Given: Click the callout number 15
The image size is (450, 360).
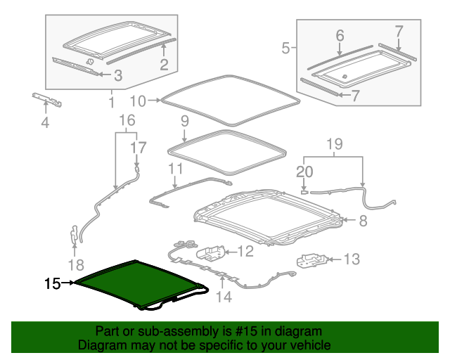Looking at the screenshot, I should [x=53, y=284].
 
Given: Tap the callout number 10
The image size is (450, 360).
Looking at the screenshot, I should [x=137, y=101].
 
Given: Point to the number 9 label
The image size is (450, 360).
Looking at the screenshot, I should [x=184, y=121].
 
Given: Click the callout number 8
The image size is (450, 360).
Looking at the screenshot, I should [x=363, y=221].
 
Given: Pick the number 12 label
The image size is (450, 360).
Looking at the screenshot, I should [x=245, y=251].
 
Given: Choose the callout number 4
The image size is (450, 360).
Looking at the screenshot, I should [x=45, y=125].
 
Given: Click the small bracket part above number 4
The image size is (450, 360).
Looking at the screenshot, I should [x=46, y=100].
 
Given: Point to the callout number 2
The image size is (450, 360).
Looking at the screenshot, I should [x=163, y=65].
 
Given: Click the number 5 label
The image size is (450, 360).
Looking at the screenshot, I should [x=285, y=48].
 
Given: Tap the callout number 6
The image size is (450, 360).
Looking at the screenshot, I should [x=340, y=34].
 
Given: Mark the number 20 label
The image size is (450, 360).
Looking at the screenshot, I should [x=304, y=171].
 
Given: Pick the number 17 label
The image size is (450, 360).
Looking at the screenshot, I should [x=139, y=148].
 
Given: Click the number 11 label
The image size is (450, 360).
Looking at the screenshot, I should [x=175, y=169].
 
